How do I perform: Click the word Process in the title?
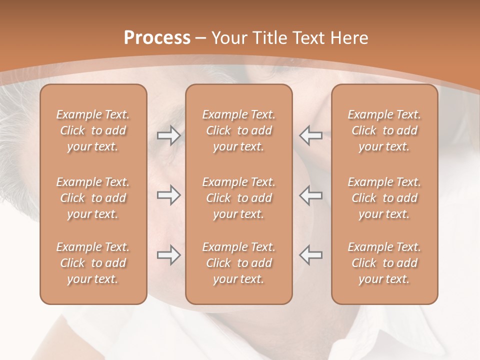(157, 38)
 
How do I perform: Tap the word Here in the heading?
(349, 38)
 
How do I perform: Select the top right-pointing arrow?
(168, 135)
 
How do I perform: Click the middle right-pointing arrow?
(168, 195)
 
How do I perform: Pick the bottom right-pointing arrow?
(168, 255)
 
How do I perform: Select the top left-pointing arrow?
(310, 135)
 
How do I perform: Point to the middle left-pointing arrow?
(310, 195)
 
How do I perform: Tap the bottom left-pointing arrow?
(310, 255)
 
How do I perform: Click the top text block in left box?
(93, 130)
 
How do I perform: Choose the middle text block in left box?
(93, 198)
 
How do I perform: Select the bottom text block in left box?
(93, 263)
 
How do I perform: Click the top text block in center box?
(238, 130)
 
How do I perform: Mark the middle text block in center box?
(238, 198)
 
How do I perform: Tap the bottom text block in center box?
(238, 263)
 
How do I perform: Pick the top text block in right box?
(384, 130)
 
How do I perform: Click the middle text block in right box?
(384, 198)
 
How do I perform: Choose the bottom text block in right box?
(384, 263)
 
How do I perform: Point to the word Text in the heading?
(308, 38)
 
